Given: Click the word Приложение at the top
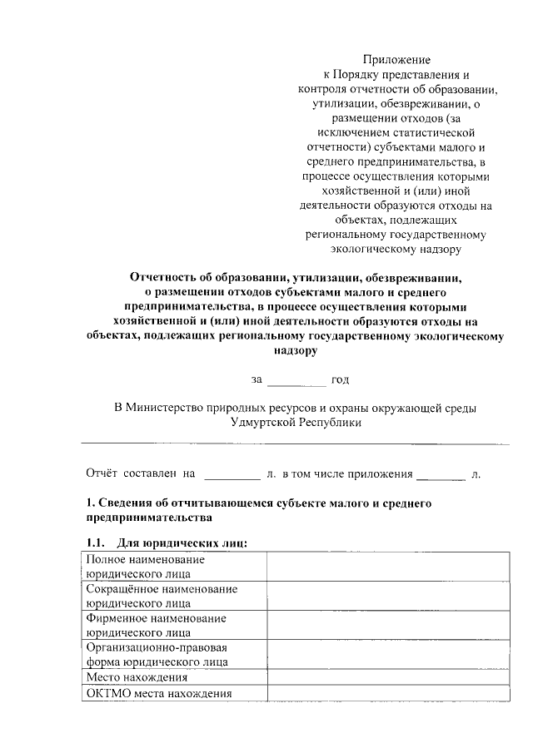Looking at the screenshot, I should click(x=396, y=59).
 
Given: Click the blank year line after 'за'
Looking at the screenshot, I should click(x=296, y=381).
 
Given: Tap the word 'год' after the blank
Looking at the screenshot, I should click(x=340, y=380).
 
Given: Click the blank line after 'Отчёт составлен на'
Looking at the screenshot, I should click(x=232, y=474).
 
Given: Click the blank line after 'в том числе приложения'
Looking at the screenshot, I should click(x=441, y=474).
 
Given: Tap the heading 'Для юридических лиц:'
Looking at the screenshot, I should click(x=182, y=543).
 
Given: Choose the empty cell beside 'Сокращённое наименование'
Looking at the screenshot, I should click(x=388, y=596).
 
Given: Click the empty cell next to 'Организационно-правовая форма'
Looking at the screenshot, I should click(x=388, y=654).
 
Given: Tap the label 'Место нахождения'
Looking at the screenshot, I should click(x=131, y=677).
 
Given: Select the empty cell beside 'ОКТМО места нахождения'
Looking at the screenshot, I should click(x=388, y=693).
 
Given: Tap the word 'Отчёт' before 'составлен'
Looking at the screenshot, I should click(x=103, y=473).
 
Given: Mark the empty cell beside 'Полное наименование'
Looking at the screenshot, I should click(x=388, y=567).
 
